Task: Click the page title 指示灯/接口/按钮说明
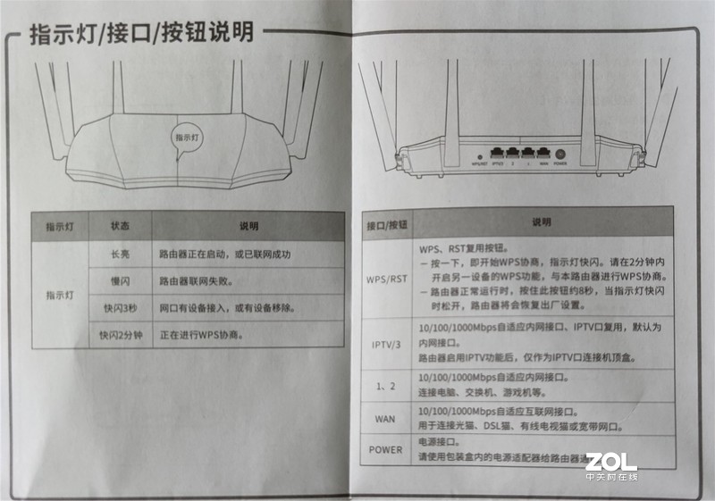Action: pyautogui.click(x=141, y=34)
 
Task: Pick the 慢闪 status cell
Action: pyautogui.click(x=120, y=281)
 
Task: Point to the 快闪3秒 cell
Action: pyautogui.click(x=120, y=309)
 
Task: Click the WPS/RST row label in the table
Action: pyautogui.click(x=386, y=278)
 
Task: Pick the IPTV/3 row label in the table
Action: pyautogui.click(x=386, y=345)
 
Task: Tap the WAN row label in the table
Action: pyautogui.click(x=386, y=417)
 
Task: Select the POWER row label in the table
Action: pyautogui.click(x=386, y=449)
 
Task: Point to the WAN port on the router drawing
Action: pyautogui.click(x=543, y=153)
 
